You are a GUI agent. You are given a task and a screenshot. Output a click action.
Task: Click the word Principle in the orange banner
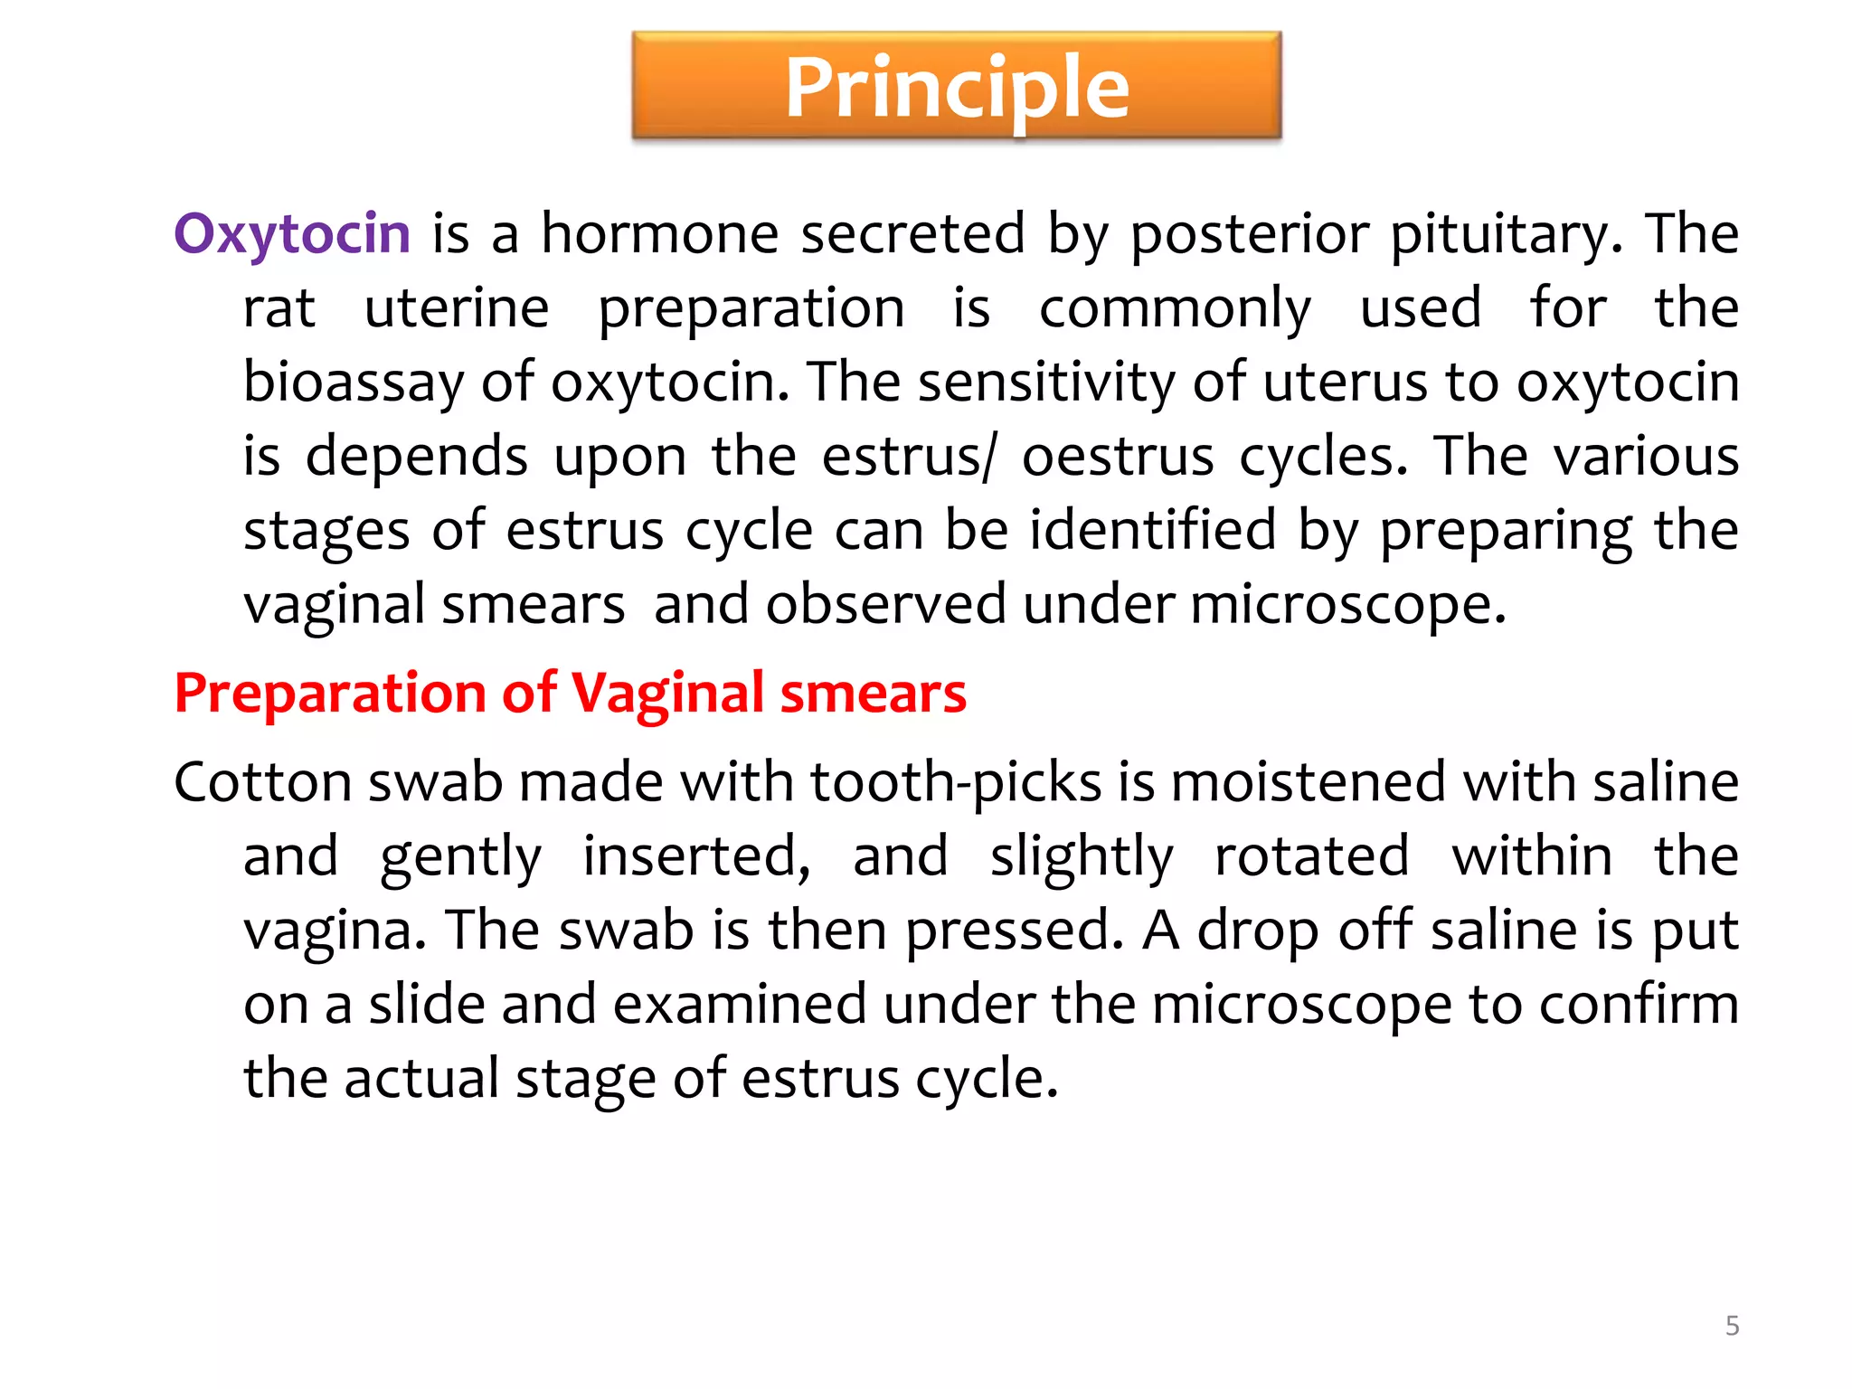point(957,87)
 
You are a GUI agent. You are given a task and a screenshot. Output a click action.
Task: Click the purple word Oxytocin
point(292,233)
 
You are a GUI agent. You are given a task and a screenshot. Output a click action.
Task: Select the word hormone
point(659,233)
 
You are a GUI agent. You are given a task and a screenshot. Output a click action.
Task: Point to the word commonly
point(1174,307)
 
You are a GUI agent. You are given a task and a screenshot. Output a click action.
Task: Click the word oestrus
point(1117,456)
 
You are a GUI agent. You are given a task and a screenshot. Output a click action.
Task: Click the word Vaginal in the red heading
point(667,694)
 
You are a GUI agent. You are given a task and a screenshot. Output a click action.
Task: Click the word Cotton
point(262,781)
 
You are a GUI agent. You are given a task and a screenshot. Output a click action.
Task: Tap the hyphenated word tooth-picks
point(955,781)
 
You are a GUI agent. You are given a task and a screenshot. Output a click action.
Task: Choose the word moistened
point(1308,781)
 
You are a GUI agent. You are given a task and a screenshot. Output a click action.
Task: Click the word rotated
point(1311,855)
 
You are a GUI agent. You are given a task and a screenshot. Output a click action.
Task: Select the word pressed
point(1014,930)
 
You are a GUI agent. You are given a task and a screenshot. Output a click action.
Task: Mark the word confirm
point(1639,1004)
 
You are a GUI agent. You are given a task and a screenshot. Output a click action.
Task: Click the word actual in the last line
point(420,1078)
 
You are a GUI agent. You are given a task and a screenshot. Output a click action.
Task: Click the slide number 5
point(1732,1326)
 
